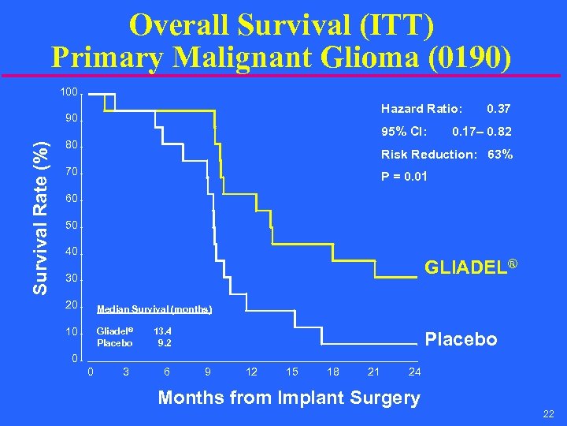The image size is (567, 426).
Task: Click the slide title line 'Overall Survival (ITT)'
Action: [282, 24]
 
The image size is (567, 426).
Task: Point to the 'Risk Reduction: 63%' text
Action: [447, 155]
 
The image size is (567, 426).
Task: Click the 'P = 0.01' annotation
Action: [404, 177]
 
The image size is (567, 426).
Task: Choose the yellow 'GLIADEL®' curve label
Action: [470, 267]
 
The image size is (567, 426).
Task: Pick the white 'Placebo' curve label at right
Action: [461, 339]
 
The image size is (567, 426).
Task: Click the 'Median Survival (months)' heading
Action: [154, 309]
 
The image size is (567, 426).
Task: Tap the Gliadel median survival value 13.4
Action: [163, 331]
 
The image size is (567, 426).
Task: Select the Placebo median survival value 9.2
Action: [165, 342]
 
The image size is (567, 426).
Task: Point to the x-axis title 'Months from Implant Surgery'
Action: [289, 398]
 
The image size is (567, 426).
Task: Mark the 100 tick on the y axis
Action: [69, 93]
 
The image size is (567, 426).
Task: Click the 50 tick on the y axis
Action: [71, 226]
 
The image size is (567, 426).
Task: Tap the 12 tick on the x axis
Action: [251, 372]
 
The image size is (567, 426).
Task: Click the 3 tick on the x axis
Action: [126, 372]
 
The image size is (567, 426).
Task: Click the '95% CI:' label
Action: [404, 131]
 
